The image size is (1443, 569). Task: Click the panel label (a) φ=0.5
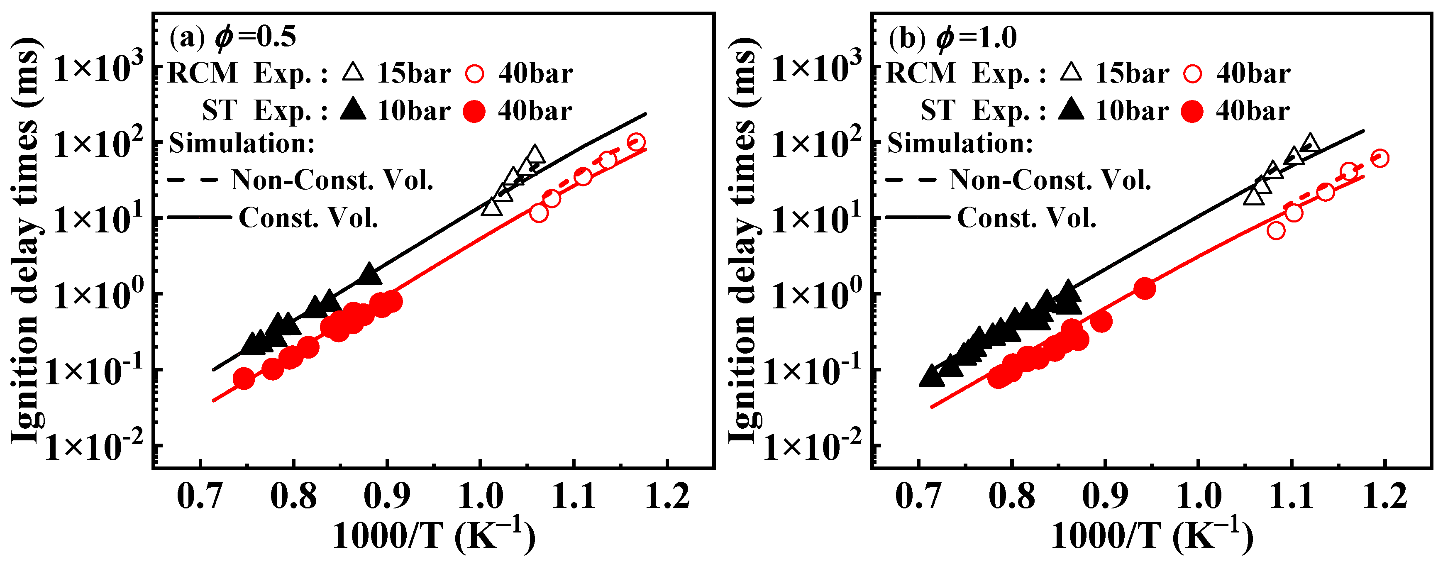click(x=232, y=37)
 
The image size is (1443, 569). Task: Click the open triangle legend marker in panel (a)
click(x=353, y=73)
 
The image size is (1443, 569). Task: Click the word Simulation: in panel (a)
click(x=242, y=143)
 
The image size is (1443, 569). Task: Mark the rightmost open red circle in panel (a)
click(x=635, y=142)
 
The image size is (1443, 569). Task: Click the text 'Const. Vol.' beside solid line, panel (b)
click(x=1026, y=217)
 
